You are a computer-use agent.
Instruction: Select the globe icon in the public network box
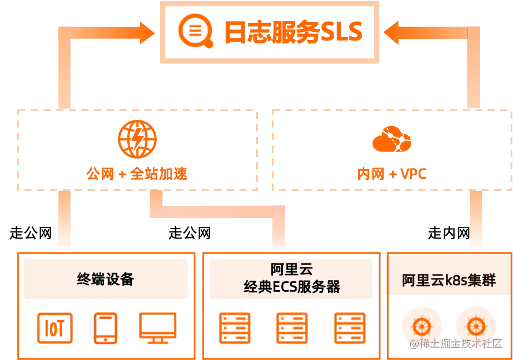tap(136, 139)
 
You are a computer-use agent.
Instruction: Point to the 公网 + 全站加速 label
tap(136, 173)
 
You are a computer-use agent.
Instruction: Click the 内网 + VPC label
tap(393, 173)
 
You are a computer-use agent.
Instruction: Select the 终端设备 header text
tap(105, 279)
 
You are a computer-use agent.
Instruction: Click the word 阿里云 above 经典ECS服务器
tap(291, 270)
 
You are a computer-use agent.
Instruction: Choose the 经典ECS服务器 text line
tap(291, 286)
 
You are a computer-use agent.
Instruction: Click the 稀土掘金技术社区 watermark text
tap(455, 343)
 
